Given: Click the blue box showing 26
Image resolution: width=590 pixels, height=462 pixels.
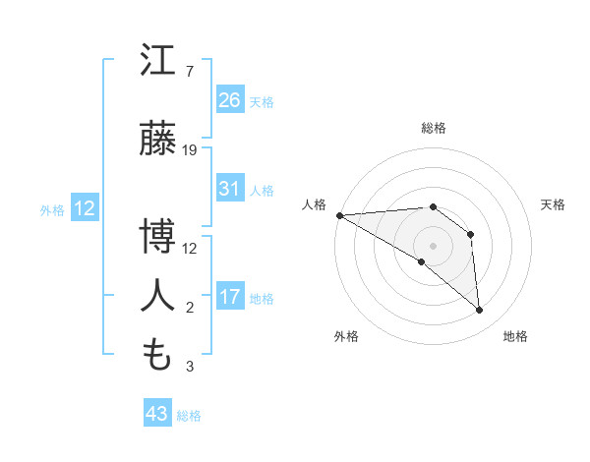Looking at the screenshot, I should (x=230, y=100).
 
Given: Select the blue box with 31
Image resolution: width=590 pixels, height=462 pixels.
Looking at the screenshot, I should (x=230, y=189).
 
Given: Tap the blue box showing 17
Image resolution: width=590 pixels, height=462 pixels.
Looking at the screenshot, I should (x=230, y=297).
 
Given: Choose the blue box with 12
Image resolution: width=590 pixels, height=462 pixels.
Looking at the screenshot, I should (x=83, y=208).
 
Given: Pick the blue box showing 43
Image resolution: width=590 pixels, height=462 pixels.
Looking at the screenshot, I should (x=157, y=414).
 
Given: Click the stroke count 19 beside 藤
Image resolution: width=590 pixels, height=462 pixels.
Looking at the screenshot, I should (x=190, y=150).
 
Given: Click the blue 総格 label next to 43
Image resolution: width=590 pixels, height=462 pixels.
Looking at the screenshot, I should (x=190, y=416).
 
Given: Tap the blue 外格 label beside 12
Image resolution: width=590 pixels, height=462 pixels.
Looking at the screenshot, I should (x=51, y=209).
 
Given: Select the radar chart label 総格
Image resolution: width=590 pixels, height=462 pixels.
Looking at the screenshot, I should (x=434, y=128).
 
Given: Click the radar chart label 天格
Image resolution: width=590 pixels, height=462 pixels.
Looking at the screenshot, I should (x=553, y=204).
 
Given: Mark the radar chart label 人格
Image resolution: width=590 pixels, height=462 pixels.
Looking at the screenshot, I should (x=314, y=204).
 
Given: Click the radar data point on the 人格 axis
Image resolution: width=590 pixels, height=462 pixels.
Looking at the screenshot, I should (x=339, y=215).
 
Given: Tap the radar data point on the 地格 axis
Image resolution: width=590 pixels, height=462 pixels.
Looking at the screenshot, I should (x=480, y=311).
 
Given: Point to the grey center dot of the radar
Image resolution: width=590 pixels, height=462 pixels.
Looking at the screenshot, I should (x=433, y=244).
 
